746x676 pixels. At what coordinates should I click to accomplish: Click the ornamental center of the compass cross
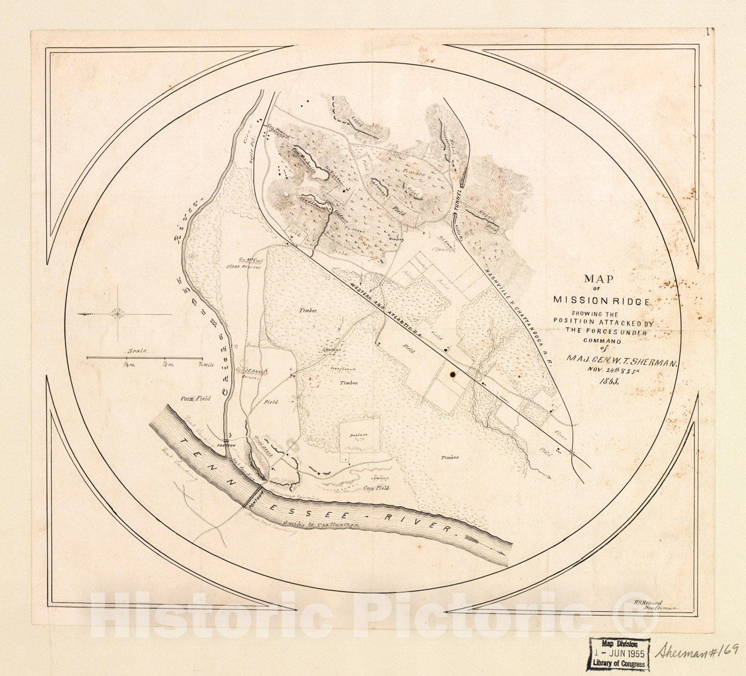[x=117, y=314]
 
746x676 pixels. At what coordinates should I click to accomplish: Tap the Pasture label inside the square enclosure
[x=359, y=435]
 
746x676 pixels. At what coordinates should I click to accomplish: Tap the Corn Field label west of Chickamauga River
[x=196, y=399]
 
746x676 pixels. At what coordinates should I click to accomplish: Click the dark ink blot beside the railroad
[x=452, y=373]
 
